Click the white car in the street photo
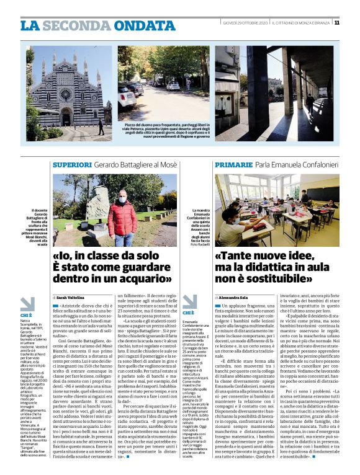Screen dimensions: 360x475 [x=127, y=98]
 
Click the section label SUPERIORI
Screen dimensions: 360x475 [x=72, y=165]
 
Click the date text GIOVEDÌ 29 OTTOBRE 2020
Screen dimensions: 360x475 [x=245, y=23]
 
